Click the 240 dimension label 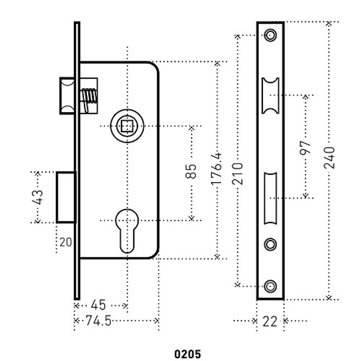(x=329, y=157)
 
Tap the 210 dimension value (x=238, y=174)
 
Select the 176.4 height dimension (x=217, y=168)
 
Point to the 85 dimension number (x=192, y=171)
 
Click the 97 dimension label (x=305, y=147)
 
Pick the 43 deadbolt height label (x=38, y=197)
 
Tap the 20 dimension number (x=66, y=242)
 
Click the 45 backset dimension (x=98, y=305)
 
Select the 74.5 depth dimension (x=99, y=321)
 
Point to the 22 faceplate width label (x=270, y=321)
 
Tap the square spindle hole (x=127, y=126)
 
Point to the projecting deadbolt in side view (x=66, y=197)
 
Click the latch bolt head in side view (x=67, y=96)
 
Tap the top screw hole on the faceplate (x=270, y=35)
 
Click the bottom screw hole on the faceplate (x=270, y=286)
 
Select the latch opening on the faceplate (x=270, y=95)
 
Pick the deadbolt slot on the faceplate (x=270, y=198)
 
